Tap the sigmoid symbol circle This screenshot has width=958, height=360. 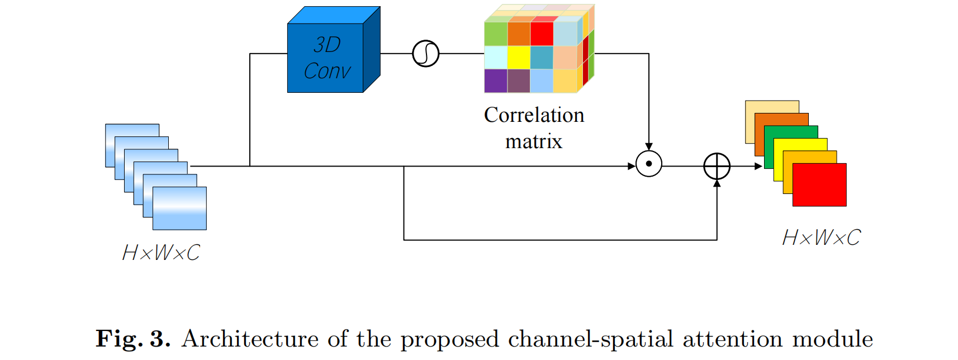[425, 54]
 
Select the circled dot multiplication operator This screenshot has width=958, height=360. [648, 164]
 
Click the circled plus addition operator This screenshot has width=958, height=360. [717, 166]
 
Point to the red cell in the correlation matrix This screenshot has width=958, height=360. [541, 34]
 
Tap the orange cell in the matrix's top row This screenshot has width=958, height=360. [519, 34]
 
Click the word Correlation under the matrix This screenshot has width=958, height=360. [534, 115]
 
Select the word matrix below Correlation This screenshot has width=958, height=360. [533, 141]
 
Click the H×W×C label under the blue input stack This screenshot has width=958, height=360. [161, 253]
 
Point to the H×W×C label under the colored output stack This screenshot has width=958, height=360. [821, 238]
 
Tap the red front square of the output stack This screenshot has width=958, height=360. [819, 185]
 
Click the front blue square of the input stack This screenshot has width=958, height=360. [179, 209]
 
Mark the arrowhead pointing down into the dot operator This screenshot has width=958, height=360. [648, 146]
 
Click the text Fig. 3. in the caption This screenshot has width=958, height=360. [133, 339]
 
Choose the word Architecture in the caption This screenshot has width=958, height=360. [250, 339]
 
